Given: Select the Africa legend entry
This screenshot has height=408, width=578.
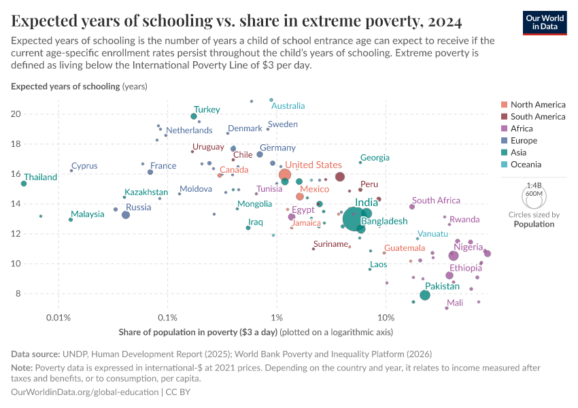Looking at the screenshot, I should (x=521, y=129).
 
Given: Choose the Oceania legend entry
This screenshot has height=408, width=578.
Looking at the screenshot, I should (x=524, y=165).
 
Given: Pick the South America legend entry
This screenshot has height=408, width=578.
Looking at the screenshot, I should (x=537, y=116).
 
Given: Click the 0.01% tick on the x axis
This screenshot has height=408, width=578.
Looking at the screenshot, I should (x=59, y=318).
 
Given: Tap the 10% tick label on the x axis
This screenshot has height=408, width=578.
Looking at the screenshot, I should (x=386, y=318).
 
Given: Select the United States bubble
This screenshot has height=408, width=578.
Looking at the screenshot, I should (x=285, y=175).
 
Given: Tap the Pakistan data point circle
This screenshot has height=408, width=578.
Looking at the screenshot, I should (x=425, y=295).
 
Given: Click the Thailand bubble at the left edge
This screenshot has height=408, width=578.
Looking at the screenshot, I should (x=24, y=184).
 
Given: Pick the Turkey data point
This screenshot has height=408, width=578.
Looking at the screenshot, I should (x=194, y=116).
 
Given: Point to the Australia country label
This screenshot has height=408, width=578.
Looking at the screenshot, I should (x=288, y=105).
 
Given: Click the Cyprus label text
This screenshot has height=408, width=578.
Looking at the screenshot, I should (x=84, y=166).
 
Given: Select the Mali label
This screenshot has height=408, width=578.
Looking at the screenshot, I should (x=455, y=303).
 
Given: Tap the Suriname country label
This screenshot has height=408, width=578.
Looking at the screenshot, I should (x=330, y=244).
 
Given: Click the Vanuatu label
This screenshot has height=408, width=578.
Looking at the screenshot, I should (x=432, y=234).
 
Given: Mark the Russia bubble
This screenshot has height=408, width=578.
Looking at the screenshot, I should (x=126, y=215).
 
